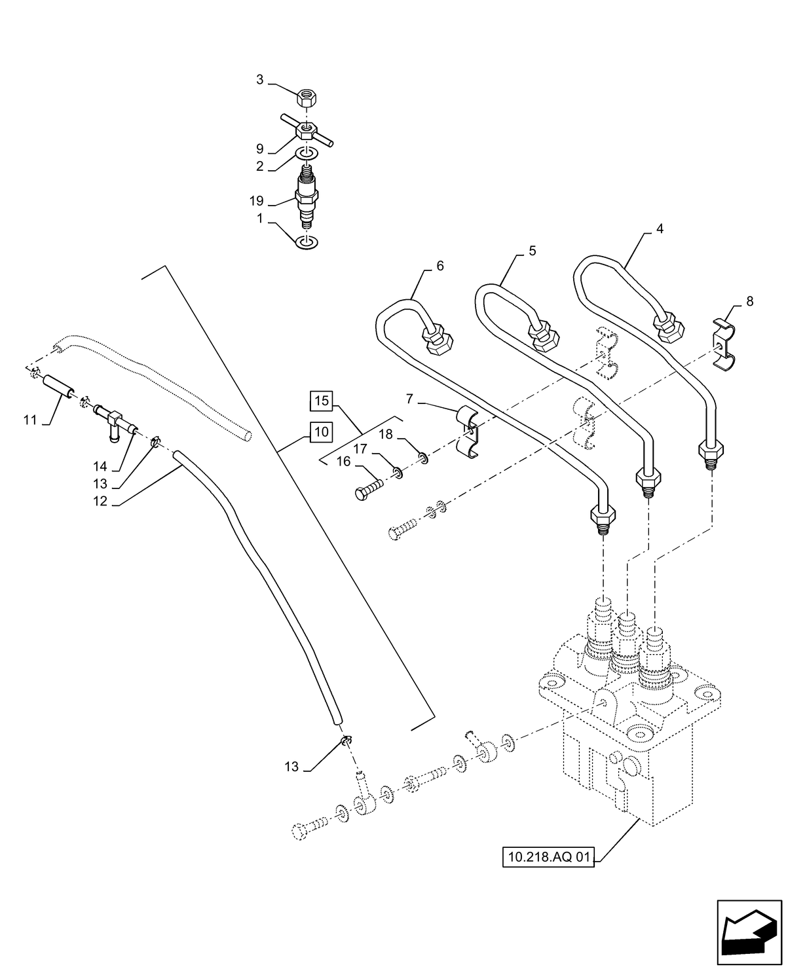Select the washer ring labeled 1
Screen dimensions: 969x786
pos(307,243)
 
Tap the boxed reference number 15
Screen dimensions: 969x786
pos(321,400)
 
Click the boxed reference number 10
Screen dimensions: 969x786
pos(321,431)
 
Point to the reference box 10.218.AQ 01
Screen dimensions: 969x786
pos(548,856)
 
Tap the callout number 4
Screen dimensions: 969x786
pos(660,230)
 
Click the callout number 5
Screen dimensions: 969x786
pos(532,251)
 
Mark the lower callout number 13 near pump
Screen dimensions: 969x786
pos(292,766)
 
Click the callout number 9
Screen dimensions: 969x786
pos(259,149)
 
